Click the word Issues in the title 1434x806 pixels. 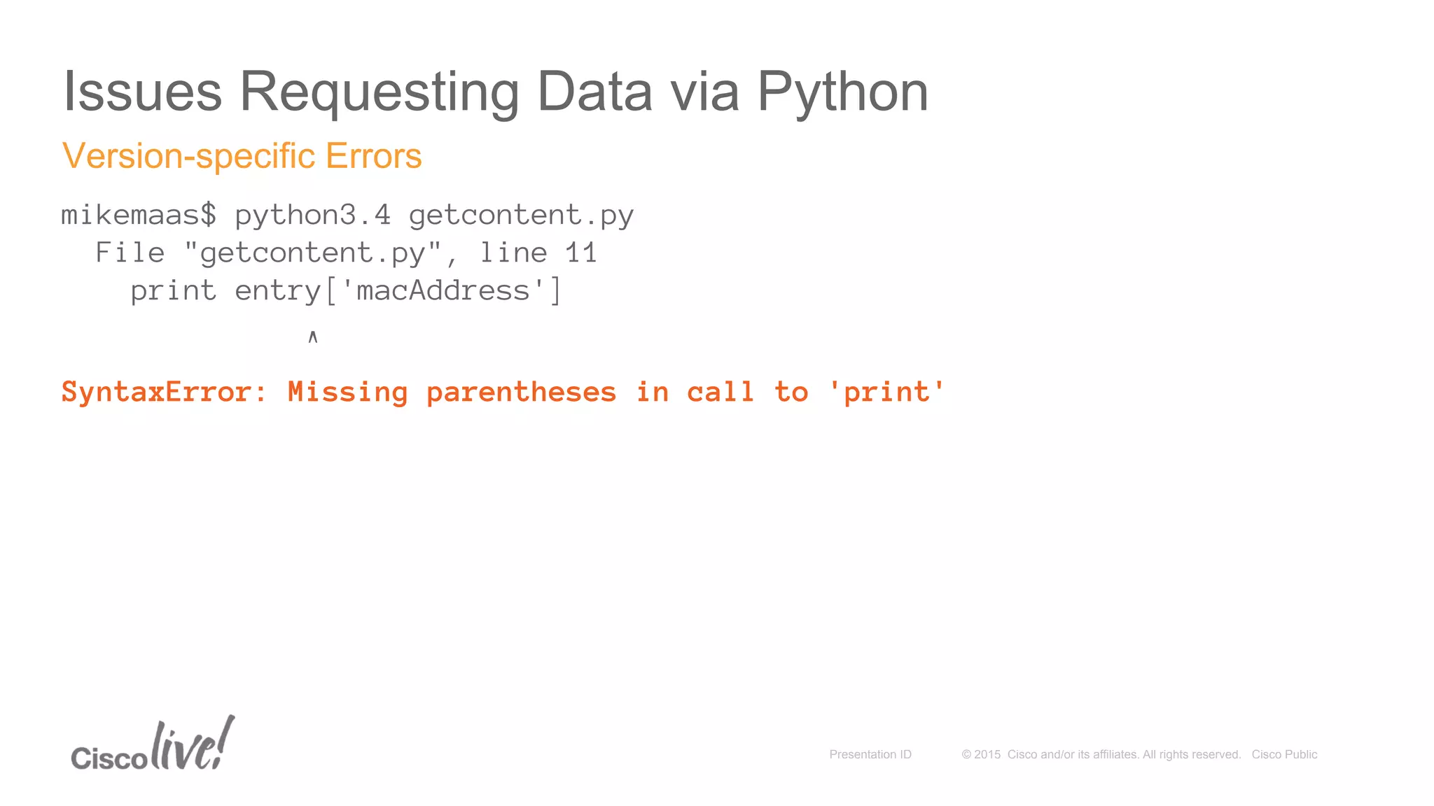pyautogui.click(x=143, y=92)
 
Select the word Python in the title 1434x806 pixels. pyautogui.click(x=842, y=92)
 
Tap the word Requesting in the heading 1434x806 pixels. pyautogui.click(x=379, y=92)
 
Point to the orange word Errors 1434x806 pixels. pyautogui.click(x=373, y=156)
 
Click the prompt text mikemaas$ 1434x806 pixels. pyautogui.click(x=139, y=215)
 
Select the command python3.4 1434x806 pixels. pyautogui.click(x=312, y=215)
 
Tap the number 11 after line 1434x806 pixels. pyautogui.click(x=581, y=253)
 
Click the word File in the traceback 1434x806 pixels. pyautogui.click(x=130, y=253)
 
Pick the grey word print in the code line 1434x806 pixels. pyautogui.click(x=173, y=290)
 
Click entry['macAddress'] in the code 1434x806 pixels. pyautogui.click(x=398, y=290)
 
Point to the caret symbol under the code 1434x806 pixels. pyautogui.click(x=313, y=337)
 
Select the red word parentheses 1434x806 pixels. pyautogui.click(x=521, y=392)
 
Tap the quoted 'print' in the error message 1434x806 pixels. pyautogui.click(x=886, y=392)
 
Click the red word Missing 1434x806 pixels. pyautogui.click(x=347, y=392)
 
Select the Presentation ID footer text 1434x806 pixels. pyautogui.click(x=870, y=754)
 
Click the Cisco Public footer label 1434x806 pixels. pyautogui.click(x=1284, y=754)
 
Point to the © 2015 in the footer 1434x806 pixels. pyautogui.click(x=981, y=754)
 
